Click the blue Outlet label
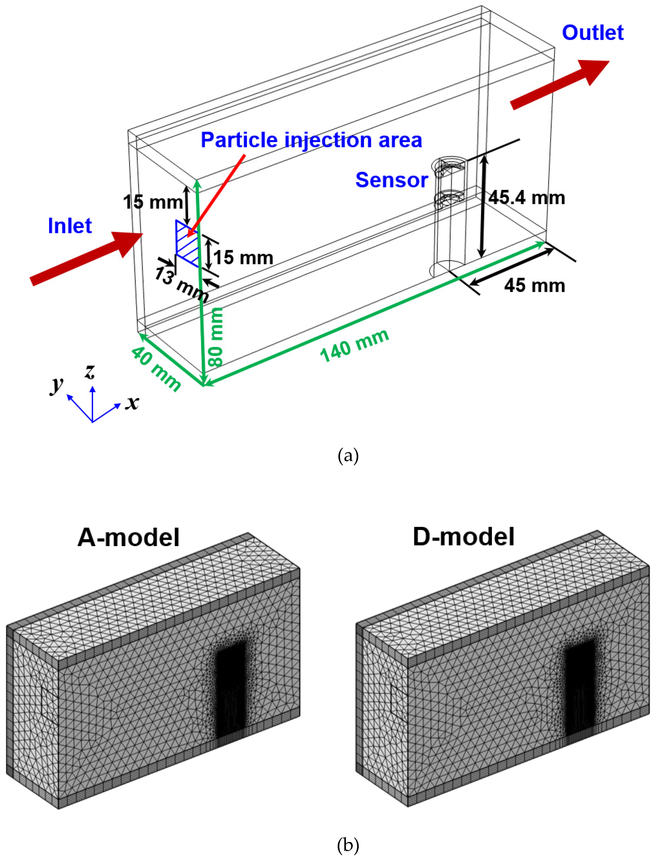click(592, 33)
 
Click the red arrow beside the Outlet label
click(559, 85)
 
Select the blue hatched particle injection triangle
click(186, 244)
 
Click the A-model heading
click(129, 538)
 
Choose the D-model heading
click(464, 537)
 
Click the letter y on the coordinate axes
click(57, 385)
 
